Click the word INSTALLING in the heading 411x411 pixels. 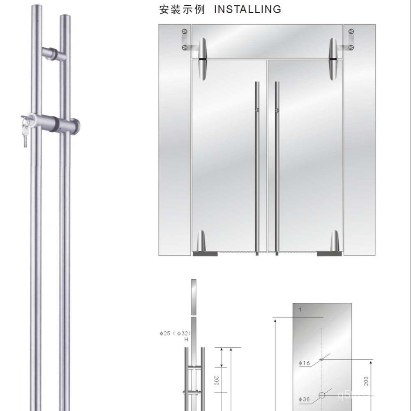click(248, 9)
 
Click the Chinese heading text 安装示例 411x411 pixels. click(182, 9)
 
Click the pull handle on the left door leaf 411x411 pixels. click(257, 164)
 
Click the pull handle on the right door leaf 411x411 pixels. click(277, 164)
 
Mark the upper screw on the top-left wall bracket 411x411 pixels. click(185, 31)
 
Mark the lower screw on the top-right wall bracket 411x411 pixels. click(351, 48)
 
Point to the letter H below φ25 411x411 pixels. click(186, 340)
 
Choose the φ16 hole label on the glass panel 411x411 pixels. click(304, 363)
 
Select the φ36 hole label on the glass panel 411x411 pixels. click(304, 399)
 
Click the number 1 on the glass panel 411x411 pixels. click(300, 310)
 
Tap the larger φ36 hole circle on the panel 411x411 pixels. click(322, 395)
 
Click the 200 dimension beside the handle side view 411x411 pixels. click(216, 381)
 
